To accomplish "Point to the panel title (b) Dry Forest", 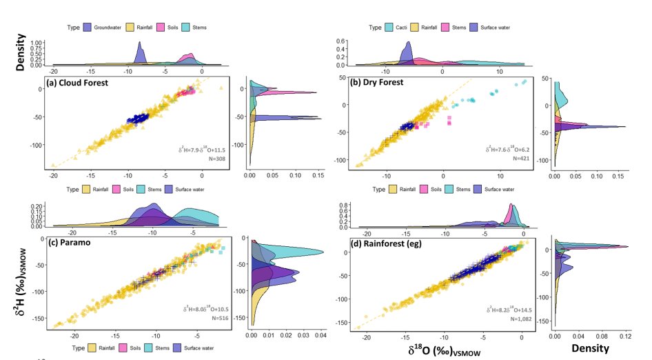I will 380,82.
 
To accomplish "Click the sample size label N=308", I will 216,159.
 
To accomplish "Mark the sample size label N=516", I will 215,319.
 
